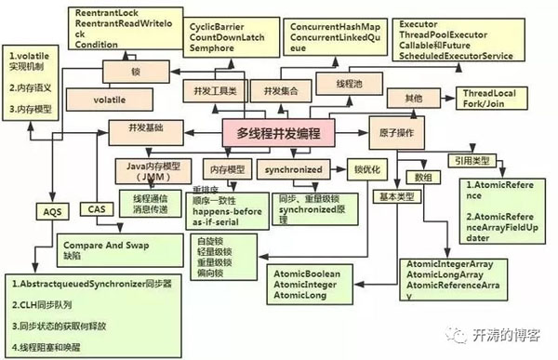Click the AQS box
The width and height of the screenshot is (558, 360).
50,212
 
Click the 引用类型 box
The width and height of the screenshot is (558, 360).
475,158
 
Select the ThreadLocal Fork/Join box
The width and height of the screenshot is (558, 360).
494,100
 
